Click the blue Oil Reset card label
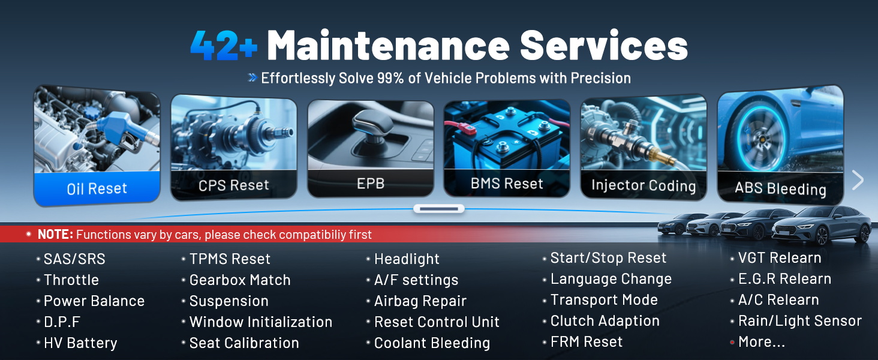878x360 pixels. click(97, 188)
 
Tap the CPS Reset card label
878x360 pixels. click(234, 185)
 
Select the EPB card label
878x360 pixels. click(371, 184)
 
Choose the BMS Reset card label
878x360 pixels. click(507, 184)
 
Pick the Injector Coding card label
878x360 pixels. click(644, 185)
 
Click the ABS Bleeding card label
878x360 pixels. click(780, 189)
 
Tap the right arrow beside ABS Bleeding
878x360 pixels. click(858, 180)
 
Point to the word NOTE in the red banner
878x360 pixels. click(55, 235)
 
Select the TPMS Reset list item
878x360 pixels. click(230, 259)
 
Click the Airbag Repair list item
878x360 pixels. click(420, 301)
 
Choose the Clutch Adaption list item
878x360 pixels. click(605, 321)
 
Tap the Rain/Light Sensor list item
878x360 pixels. click(799, 321)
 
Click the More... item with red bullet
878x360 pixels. click(761, 342)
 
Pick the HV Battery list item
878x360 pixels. click(80, 343)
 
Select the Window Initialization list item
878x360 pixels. click(260, 322)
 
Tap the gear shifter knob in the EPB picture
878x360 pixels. click(364, 124)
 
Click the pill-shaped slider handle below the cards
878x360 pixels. click(439, 209)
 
